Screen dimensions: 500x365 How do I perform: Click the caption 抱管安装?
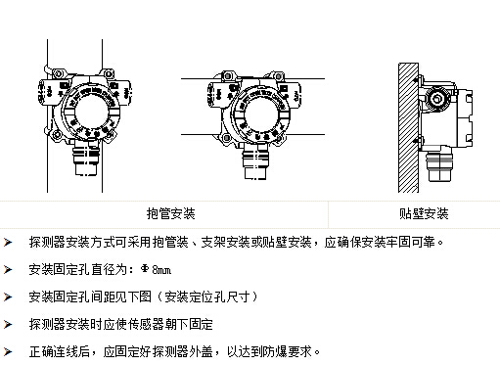coord(170,213)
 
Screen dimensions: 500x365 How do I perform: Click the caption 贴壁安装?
coord(424,213)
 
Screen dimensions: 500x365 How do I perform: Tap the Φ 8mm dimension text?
coord(156,269)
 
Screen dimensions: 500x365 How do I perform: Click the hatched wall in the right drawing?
coord(408,128)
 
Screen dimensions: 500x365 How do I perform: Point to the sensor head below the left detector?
coord(86,159)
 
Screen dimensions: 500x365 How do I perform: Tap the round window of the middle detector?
coord(261,114)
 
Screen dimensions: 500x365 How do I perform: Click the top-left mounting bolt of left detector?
coord(59,73)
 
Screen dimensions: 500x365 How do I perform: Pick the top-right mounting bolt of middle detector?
coord(278,76)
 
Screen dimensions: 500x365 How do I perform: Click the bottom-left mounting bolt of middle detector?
coord(227,138)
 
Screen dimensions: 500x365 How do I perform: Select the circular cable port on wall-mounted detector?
coord(436,98)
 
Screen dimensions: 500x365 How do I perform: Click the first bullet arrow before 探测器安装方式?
coord(8,243)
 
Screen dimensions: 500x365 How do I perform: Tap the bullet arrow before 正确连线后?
coord(8,352)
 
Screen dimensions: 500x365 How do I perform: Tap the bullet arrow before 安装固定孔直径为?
coord(8,270)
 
